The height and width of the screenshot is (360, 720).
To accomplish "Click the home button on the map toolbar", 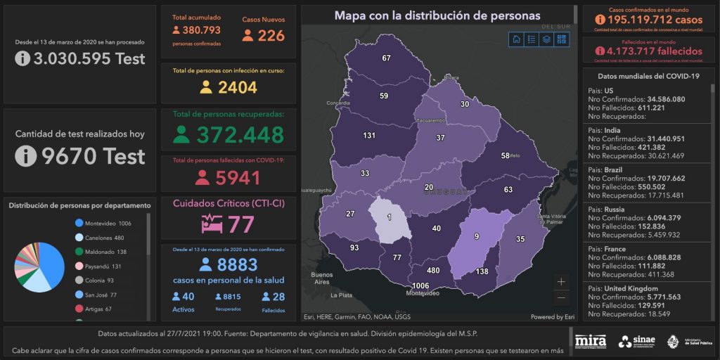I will [x=516, y=39].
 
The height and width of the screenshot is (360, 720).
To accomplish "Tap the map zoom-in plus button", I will [x=560, y=282].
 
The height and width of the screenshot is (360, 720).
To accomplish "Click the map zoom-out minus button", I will [x=560, y=297].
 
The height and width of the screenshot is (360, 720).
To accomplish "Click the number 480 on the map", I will [x=433, y=271].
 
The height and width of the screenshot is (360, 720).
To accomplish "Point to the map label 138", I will [x=482, y=272].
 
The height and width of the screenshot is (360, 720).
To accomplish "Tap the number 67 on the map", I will [x=386, y=58].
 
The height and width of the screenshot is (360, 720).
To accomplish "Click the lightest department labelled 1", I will [x=389, y=217].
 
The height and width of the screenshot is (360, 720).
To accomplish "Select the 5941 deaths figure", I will [x=238, y=178].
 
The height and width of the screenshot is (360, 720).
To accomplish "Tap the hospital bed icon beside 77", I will [x=212, y=225].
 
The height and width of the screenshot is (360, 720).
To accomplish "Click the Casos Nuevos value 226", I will [x=271, y=35].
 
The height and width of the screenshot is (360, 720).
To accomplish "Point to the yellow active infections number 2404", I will [x=237, y=87].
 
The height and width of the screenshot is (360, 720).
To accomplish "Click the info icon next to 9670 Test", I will [x=25, y=156].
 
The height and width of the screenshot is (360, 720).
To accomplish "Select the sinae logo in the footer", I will [x=637, y=342].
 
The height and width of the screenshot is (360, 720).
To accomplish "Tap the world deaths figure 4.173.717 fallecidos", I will [x=648, y=51].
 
